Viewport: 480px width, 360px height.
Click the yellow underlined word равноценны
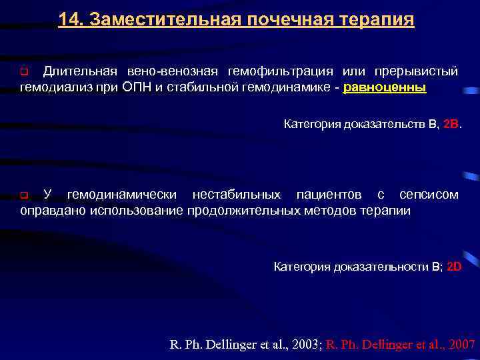(x=385, y=88)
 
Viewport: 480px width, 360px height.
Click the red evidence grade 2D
(x=453, y=267)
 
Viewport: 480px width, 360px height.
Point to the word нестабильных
(x=237, y=195)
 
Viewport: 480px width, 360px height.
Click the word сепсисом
(x=429, y=195)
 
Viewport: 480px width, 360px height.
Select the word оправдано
(x=50, y=211)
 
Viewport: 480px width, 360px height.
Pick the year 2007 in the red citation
(x=462, y=345)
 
